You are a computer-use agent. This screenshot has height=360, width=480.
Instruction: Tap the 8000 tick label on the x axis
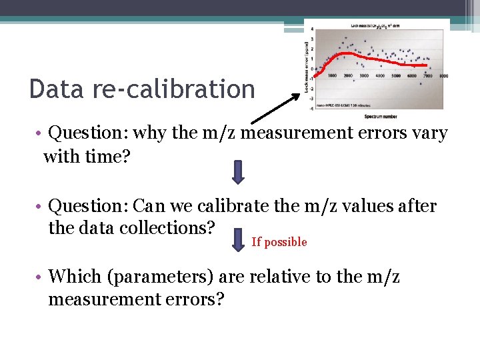point(443,75)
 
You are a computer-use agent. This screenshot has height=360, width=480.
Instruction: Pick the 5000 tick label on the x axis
point(396,75)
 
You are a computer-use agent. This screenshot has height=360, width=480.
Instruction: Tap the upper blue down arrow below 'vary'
point(239,171)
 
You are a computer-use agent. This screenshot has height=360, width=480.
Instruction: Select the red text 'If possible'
point(279,242)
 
